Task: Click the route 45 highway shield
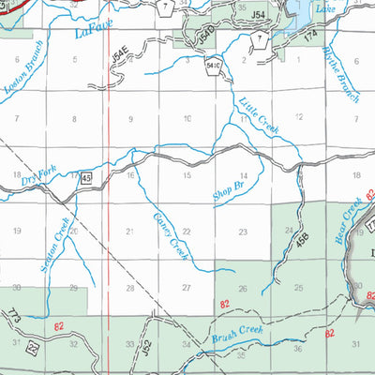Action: pyautogui.click(x=85, y=176)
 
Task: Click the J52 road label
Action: pyautogui.click(x=146, y=348)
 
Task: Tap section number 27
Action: pyautogui.click(x=187, y=288)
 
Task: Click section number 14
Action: pyautogui.click(x=244, y=175)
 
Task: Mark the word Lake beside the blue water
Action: pyautogui.click(x=324, y=9)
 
